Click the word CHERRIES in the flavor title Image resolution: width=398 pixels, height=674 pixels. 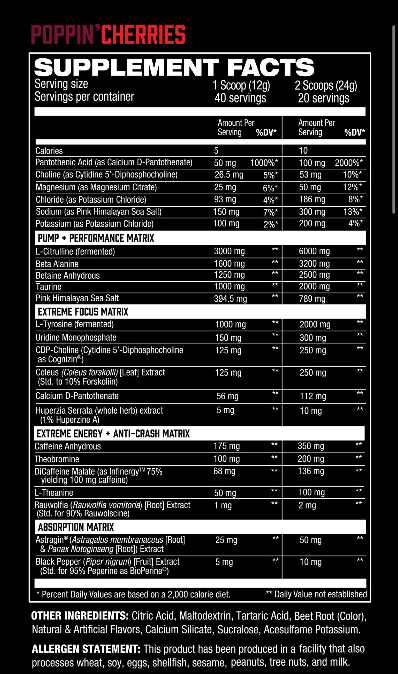[143, 35]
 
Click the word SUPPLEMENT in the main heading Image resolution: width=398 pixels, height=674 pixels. [126, 67]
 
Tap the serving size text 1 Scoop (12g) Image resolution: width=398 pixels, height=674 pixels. [241, 85]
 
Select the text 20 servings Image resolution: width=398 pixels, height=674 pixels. [324, 98]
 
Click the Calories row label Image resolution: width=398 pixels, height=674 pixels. [49, 151]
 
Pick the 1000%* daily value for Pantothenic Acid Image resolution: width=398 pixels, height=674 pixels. [264, 163]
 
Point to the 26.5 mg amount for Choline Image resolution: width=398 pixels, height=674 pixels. [229, 175]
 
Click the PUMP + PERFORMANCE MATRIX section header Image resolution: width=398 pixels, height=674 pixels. [96, 238]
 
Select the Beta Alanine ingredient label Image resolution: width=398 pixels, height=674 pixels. [57, 264]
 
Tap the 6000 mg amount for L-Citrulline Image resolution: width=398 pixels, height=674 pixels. [314, 252]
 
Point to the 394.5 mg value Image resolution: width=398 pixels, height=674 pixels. [230, 299]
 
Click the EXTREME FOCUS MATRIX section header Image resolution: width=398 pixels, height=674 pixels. [83, 312]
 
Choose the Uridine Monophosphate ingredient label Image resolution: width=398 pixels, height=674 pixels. [76, 338]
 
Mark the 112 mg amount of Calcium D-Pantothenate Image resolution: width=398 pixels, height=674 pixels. [313, 397]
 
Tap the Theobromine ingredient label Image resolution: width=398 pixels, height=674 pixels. [57, 459]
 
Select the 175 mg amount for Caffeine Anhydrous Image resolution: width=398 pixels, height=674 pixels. [227, 446]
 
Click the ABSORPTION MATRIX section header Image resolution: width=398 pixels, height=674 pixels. [76, 527]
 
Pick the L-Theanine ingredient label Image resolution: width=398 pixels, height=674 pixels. [54, 493]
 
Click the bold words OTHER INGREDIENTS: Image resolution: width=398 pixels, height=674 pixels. [80, 616]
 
